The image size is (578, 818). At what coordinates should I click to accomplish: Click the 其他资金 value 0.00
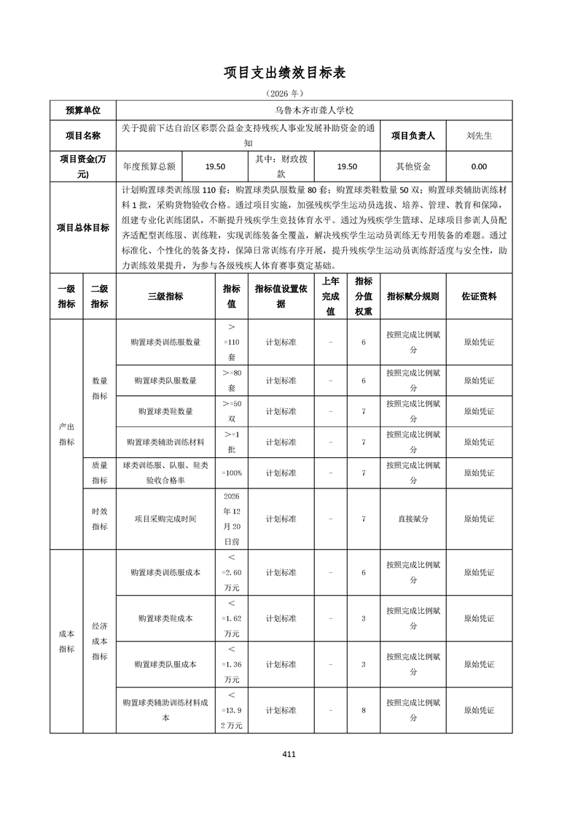tap(479, 166)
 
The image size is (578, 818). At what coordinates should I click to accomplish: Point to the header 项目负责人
tap(413, 136)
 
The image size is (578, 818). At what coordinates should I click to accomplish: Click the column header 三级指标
tap(165, 297)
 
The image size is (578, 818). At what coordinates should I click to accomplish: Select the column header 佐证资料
tap(479, 297)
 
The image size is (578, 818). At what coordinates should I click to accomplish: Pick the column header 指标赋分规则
tap(413, 297)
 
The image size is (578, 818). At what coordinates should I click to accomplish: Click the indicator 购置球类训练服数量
tap(165, 341)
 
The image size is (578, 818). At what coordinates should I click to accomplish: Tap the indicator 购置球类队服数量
tap(165, 381)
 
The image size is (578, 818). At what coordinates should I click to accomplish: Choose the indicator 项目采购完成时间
tap(165, 519)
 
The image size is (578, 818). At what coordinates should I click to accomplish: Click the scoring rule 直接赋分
tap(413, 519)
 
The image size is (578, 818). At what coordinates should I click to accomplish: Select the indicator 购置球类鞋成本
tap(165, 618)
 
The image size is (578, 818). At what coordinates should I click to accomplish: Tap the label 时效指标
tap(99, 519)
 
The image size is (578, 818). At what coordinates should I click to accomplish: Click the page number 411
tap(289, 755)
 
